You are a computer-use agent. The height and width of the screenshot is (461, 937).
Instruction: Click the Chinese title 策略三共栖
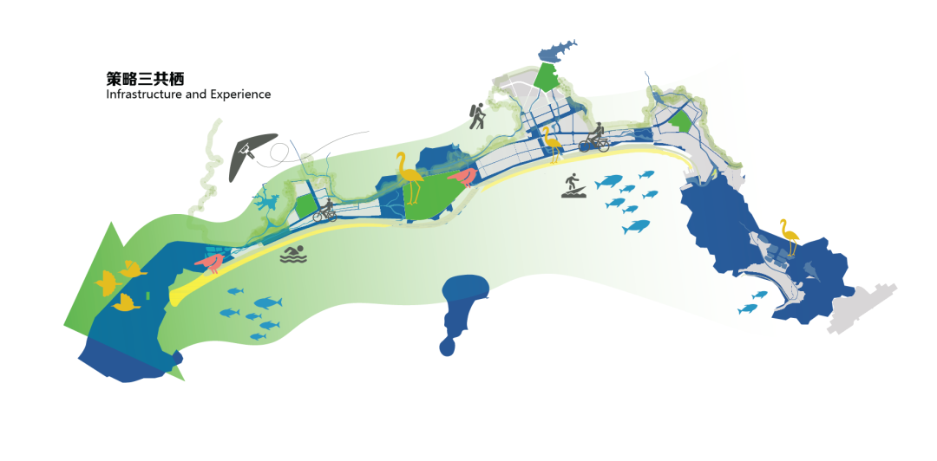tap(145, 78)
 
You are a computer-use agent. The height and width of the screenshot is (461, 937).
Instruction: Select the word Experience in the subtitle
tap(239, 94)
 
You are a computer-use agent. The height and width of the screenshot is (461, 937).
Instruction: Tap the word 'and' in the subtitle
tap(195, 94)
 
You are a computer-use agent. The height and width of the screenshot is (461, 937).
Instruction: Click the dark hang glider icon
tap(251, 154)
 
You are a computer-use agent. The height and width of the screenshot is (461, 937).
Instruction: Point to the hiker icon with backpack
tap(476, 116)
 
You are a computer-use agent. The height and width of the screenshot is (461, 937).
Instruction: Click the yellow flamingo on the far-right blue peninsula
tap(788, 235)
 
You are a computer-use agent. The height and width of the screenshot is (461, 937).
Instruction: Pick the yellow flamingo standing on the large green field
tap(409, 179)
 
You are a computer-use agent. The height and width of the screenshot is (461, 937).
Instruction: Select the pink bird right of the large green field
tap(462, 178)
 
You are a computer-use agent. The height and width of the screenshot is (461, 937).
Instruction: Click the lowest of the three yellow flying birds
tap(127, 302)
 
